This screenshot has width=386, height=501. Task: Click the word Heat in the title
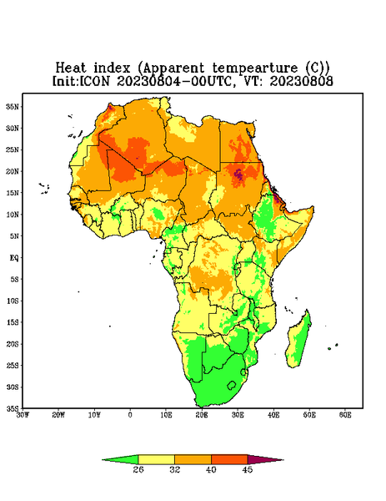click(71, 68)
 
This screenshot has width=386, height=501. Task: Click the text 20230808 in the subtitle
click(302, 81)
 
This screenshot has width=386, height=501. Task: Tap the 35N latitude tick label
click(13, 106)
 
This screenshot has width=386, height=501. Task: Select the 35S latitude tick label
click(13, 408)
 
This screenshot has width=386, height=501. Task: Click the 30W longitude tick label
click(23, 415)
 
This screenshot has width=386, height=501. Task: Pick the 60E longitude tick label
click(345, 415)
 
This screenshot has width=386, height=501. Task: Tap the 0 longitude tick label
click(130, 415)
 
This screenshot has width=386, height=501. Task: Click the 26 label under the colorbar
click(138, 469)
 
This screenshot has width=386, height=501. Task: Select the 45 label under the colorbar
click(248, 469)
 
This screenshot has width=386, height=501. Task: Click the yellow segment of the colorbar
click(156, 459)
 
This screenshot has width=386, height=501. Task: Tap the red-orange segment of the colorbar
click(229, 459)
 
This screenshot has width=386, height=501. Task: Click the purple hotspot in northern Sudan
click(238, 175)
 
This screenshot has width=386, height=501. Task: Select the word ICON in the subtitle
click(94, 81)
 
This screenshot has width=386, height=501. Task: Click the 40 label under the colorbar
click(211, 469)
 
